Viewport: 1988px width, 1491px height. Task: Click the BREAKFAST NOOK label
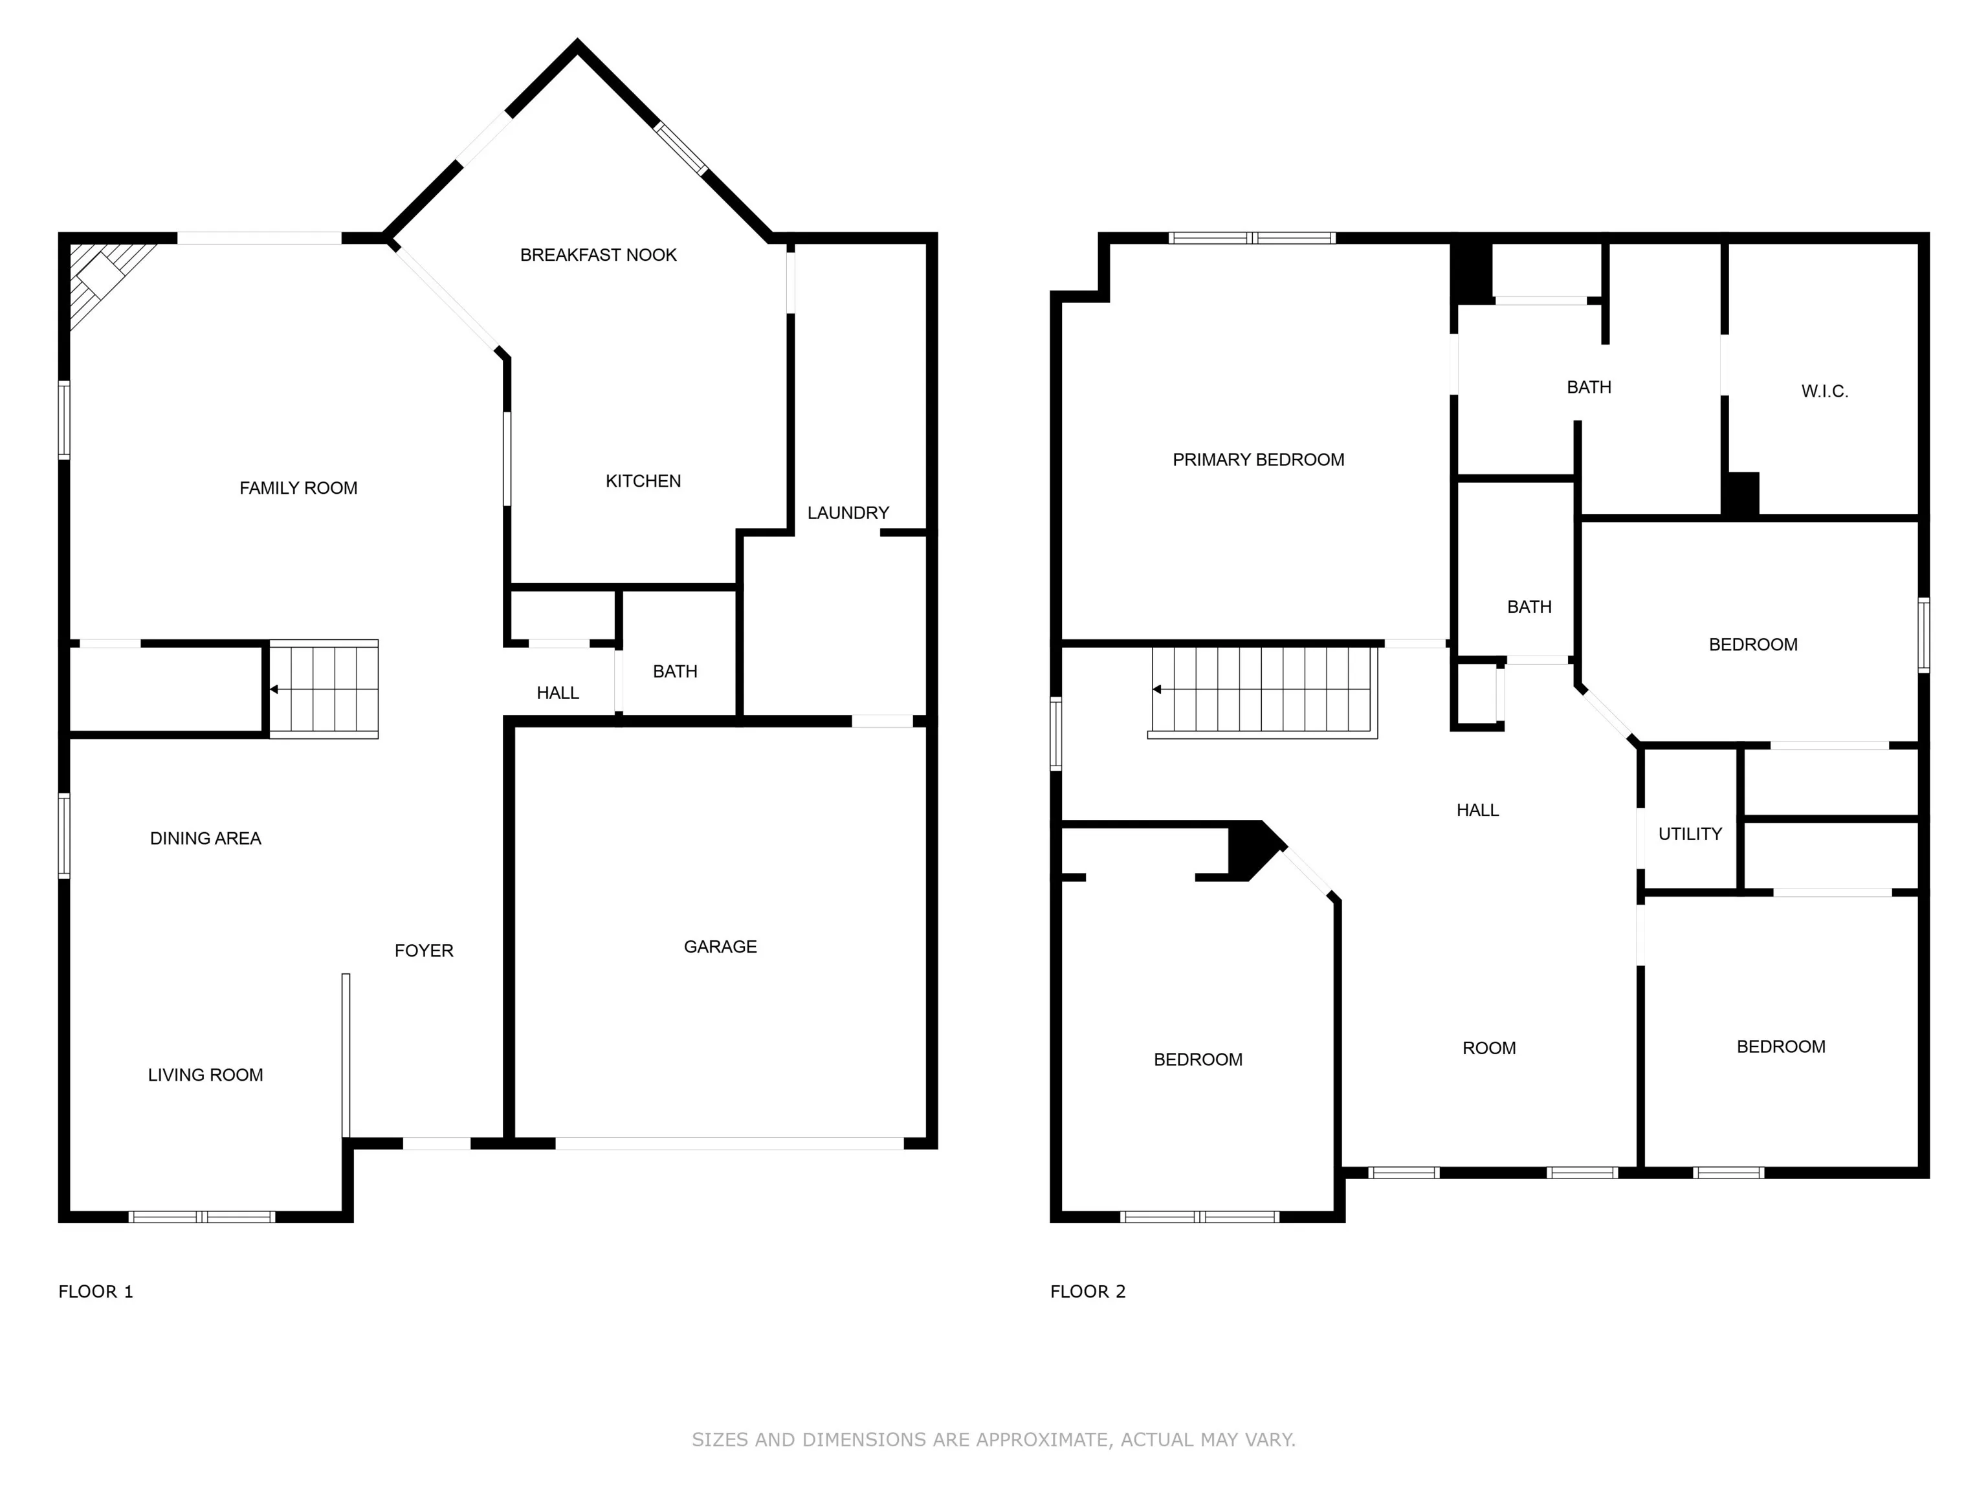pyautogui.click(x=598, y=255)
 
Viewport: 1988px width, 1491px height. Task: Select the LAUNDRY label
pyautogui.click(x=848, y=513)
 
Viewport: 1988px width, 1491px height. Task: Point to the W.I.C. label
pyautogui.click(x=1824, y=392)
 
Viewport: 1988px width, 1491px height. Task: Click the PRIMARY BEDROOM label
pyautogui.click(x=1258, y=460)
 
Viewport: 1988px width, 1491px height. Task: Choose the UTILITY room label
pyautogui.click(x=1690, y=834)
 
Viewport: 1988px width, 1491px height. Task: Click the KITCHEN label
pyautogui.click(x=643, y=481)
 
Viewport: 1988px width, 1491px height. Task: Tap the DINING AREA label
pyautogui.click(x=205, y=839)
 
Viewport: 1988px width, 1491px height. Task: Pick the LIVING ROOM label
pyautogui.click(x=205, y=1075)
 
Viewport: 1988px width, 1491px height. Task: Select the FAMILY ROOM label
pyautogui.click(x=298, y=488)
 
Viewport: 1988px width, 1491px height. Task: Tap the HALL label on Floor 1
pyautogui.click(x=557, y=693)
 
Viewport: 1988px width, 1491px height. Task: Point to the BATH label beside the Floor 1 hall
pyautogui.click(x=675, y=671)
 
